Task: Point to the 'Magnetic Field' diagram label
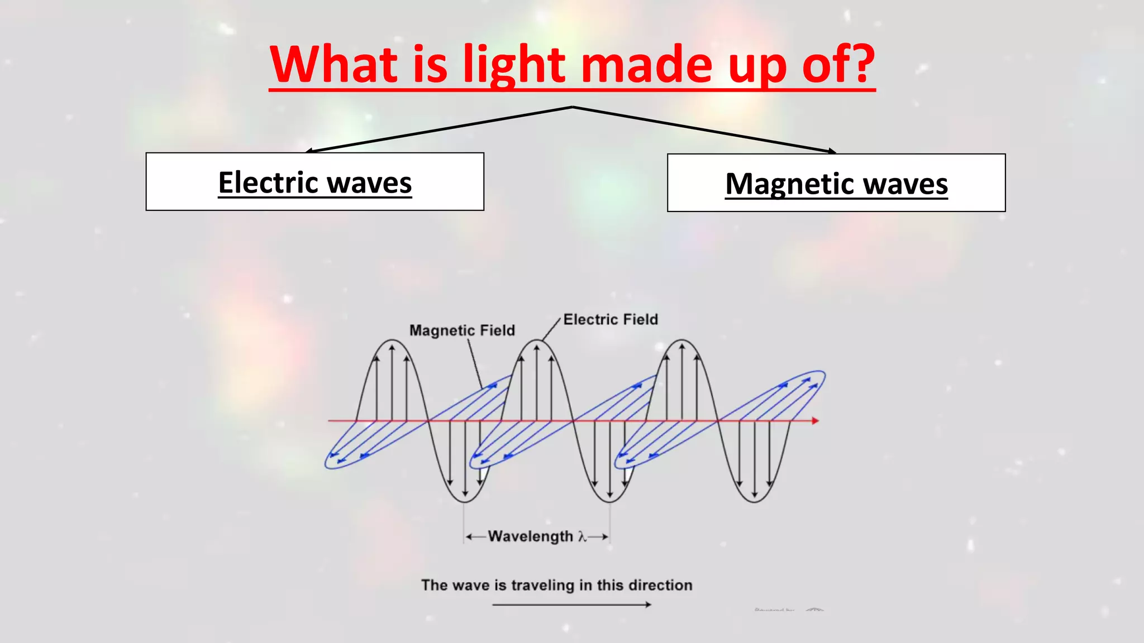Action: pos(462,330)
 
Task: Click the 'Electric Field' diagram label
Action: pos(611,319)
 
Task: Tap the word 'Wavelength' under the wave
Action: pos(530,536)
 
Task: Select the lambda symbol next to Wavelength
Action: pos(582,536)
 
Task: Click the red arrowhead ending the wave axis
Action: pos(816,420)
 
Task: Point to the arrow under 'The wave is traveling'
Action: pos(571,604)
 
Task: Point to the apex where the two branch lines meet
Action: pos(572,107)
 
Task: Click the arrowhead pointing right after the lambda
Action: pos(604,536)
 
